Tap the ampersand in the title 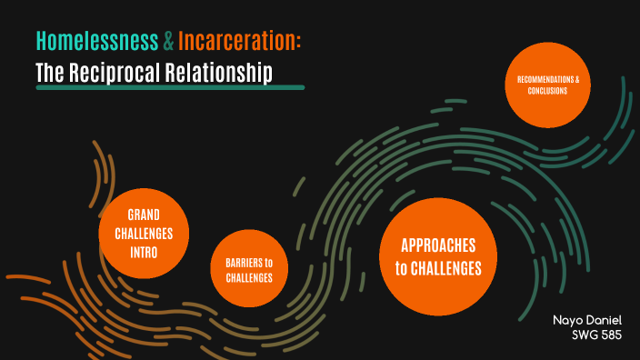pyautogui.click(x=169, y=41)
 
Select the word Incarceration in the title pyautogui.click(x=238, y=41)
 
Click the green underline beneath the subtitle pyautogui.click(x=169, y=88)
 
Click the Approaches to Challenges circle pyautogui.click(x=437, y=257)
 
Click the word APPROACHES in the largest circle pyautogui.click(x=437, y=245)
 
